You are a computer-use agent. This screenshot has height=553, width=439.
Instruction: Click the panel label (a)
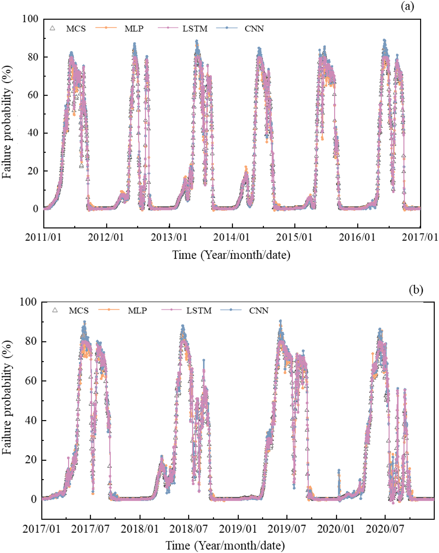coord(407,7)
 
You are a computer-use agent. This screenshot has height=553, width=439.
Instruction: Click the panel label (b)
coord(416,290)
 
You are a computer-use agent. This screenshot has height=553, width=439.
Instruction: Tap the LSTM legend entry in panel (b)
coord(199,311)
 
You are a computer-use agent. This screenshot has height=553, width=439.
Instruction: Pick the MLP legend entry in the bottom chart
coord(137,311)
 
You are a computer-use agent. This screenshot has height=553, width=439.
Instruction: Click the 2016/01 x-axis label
coord(357,237)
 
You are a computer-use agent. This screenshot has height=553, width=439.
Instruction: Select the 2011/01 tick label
coord(43,237)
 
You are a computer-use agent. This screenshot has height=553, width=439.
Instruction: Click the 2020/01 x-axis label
coord(336,529)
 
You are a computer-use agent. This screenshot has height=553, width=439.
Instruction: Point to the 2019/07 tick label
coord(287,529)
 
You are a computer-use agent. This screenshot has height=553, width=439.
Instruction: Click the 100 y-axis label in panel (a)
coord(30,19)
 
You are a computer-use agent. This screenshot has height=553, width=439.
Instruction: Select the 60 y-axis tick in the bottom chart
coord(31,381)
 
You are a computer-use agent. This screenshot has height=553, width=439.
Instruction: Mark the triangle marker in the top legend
coord(52,28)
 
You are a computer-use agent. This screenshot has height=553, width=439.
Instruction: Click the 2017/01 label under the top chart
coord(420,237)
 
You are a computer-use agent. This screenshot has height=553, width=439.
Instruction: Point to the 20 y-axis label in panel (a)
coord(33,171)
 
